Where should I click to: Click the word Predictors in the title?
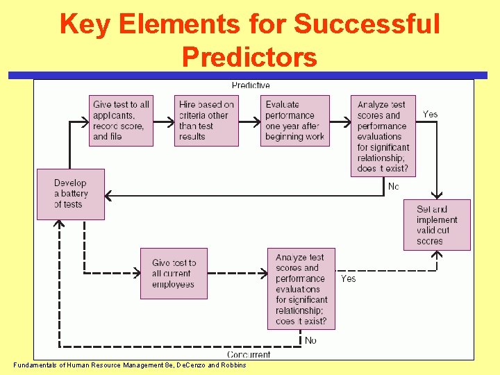pyautogui.click(x=249, y=56)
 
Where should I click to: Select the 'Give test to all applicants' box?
pyautogui.click(x=121, y=120)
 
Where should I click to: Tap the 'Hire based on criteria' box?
pyautogui.click(x=206, y=120)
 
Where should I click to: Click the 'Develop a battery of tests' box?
pyautogui.click(x=71, y=194)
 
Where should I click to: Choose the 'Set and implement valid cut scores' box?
pyautogui.click(x=437, y=224)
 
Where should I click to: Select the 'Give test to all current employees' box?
pyautogui.click(x=174, y=274)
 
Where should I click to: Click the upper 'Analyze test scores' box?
pyautogui.click(x=383, y=136)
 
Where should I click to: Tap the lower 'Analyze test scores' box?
pyautogui.click(x=301, y=289)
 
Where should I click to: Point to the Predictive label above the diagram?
pyautogui.click(x=251, y=85)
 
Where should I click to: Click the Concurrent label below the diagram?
pyautogui.click(x=249, y=355)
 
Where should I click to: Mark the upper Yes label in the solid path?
pyautogui.click(x=431, y=114)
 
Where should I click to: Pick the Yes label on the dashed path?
pyautogui.click(x=348, y=278)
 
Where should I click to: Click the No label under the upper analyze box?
pyautogui.click(x=394, y=186)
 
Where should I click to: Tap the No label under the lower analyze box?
pyautogui.click(x=310, y=340)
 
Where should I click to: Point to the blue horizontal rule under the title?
pyautogui.click(x=250, y=75)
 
